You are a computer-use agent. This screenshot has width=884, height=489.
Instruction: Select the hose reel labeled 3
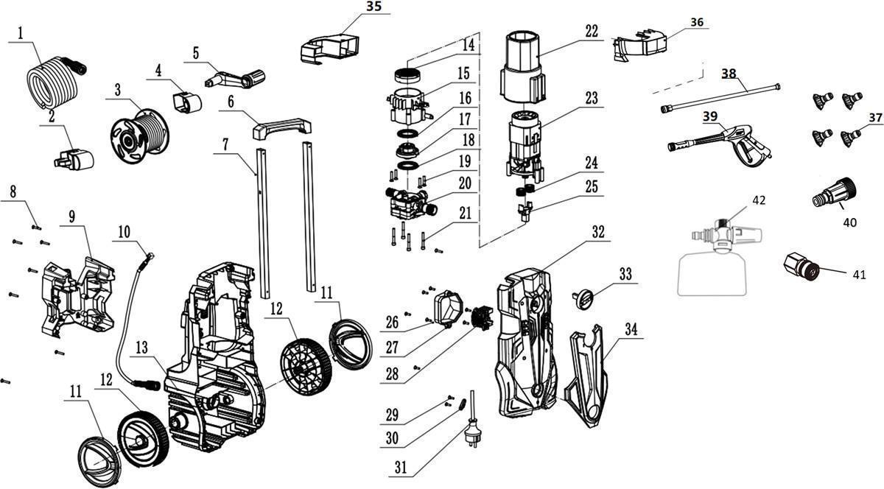(x=140, y=136)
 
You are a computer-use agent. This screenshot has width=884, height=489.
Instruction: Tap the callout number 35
(x=374, y=7)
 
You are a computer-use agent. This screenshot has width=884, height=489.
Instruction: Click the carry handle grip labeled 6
(x=281, y=127)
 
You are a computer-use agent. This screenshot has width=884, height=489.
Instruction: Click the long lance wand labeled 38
(x=720, y=98)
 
